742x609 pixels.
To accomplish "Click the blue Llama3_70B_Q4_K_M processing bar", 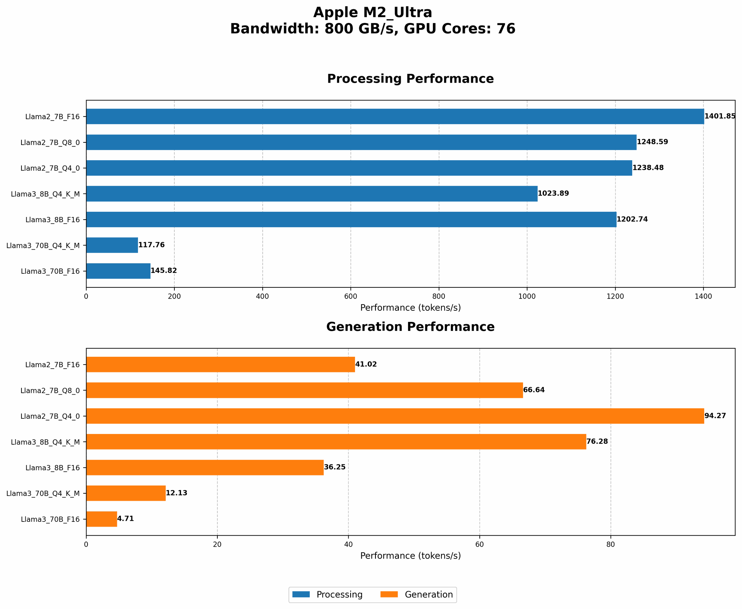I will [112, 245].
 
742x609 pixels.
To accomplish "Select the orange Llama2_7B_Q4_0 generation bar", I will [395, 416].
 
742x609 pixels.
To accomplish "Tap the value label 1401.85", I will [720, 116].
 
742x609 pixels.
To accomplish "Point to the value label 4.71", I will [125, 519].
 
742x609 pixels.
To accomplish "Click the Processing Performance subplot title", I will [410, 79].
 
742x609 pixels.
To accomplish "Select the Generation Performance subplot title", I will [410, 327].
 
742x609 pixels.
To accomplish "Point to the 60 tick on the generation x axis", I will [479, 544].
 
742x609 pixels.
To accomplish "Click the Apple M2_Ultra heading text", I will [372, 13].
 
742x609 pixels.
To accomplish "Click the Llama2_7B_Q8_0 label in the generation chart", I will [50, 390].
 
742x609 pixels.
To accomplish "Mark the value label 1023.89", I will [553, 194].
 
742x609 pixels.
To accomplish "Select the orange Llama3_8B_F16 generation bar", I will [205, 467].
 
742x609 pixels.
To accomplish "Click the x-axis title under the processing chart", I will [410, 308].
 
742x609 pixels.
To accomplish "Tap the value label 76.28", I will [597, 442].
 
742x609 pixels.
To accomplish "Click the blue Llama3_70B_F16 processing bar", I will [118, 271].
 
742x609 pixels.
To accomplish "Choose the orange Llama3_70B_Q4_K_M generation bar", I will [126, 493].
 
